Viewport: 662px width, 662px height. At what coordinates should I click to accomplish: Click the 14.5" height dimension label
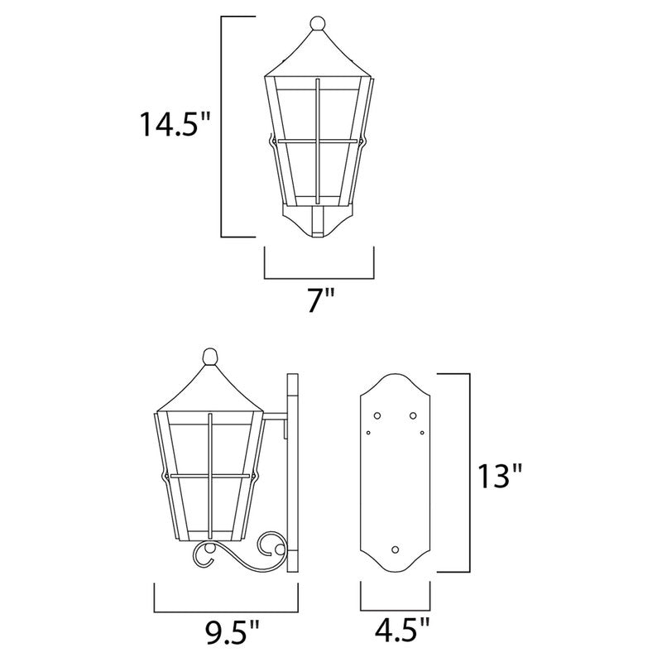(x=176, y=125)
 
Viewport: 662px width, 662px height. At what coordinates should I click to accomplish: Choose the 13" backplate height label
(x=500, y=477)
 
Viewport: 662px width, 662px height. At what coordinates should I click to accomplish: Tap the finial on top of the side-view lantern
(x=211, y=358)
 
